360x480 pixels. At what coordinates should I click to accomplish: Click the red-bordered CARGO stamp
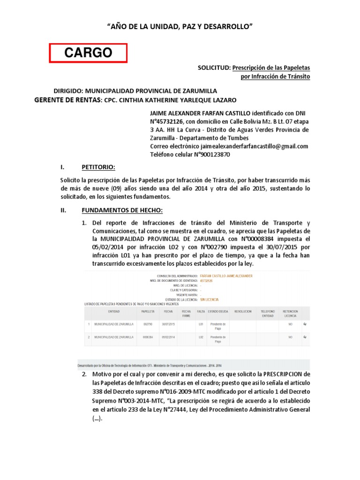pos(89,53)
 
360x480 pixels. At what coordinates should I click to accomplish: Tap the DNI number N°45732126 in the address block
pos(172,121)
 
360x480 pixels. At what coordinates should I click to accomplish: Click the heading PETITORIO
pos(98,167)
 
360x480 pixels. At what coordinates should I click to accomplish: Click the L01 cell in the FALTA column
pos(201,324)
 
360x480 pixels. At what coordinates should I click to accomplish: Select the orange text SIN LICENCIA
pos(209,300)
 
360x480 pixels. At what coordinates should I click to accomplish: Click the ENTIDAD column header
pos(114,311)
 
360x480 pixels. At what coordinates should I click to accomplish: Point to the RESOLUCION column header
pos(243,311)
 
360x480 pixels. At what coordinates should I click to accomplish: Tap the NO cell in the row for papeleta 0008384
pos(291,337)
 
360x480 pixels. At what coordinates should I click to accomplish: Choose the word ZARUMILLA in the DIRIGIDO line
pos(197,91)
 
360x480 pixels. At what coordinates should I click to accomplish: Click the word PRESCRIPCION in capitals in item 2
pos(276,375)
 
